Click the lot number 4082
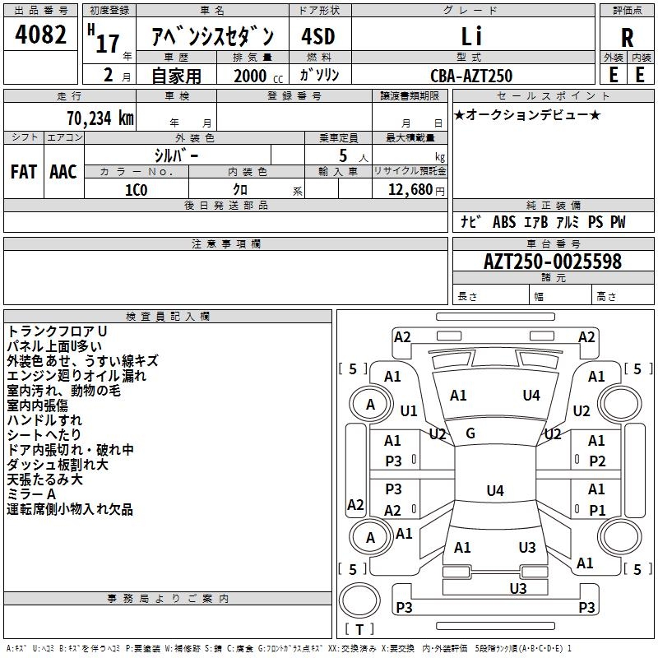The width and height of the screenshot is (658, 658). point(40,35)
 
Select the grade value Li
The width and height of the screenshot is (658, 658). point(471,36)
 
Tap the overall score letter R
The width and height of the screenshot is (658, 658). point(627,38)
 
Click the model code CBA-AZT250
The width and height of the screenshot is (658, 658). point(471,76)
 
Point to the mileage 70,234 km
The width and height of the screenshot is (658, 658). point(100,118)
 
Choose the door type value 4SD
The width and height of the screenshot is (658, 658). point(318,36)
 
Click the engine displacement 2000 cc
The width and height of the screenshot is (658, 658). point(258,76)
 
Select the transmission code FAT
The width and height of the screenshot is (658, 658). point(24,172)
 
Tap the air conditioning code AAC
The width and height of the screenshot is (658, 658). point(63,172)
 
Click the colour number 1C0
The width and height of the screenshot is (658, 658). point(137,190)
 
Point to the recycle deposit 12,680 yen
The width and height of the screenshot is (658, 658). point(416,190)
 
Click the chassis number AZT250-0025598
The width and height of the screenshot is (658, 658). point(553,262)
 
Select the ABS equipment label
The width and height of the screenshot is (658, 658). point(504,222)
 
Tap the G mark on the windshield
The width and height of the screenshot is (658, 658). point(470,433)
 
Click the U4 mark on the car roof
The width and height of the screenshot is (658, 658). point(495,490)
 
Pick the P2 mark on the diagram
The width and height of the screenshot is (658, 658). point(597,461)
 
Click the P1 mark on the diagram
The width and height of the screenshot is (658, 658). point(597,510)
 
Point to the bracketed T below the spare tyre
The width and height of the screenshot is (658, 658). point(359,629)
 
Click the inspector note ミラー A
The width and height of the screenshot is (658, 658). point(31,494)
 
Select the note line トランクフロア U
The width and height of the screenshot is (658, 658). point(57,331)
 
